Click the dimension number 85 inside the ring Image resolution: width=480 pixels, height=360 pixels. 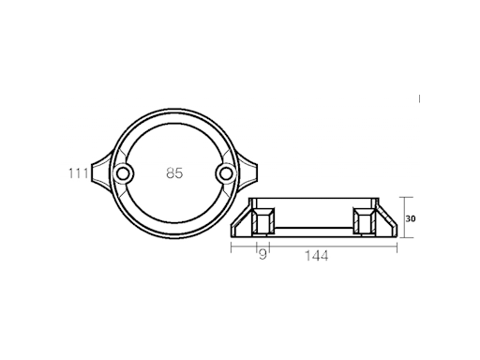[x=173, y=173]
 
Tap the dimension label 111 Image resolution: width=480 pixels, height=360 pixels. [x=78, y=173]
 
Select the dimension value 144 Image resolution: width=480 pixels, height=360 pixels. [x=316, y=254]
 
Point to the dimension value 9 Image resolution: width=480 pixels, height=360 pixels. [x=262, y=254]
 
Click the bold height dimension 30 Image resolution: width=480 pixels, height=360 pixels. [x=411, y=217]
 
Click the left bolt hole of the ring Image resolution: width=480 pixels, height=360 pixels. [x=123, y=174]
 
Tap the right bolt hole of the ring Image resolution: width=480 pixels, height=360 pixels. [x=224, y=174]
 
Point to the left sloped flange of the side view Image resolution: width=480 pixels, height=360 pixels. [x=241, y=225]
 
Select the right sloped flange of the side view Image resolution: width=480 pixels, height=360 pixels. [x=384, y=225]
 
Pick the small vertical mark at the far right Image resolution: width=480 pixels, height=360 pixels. [x=419, y=97]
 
